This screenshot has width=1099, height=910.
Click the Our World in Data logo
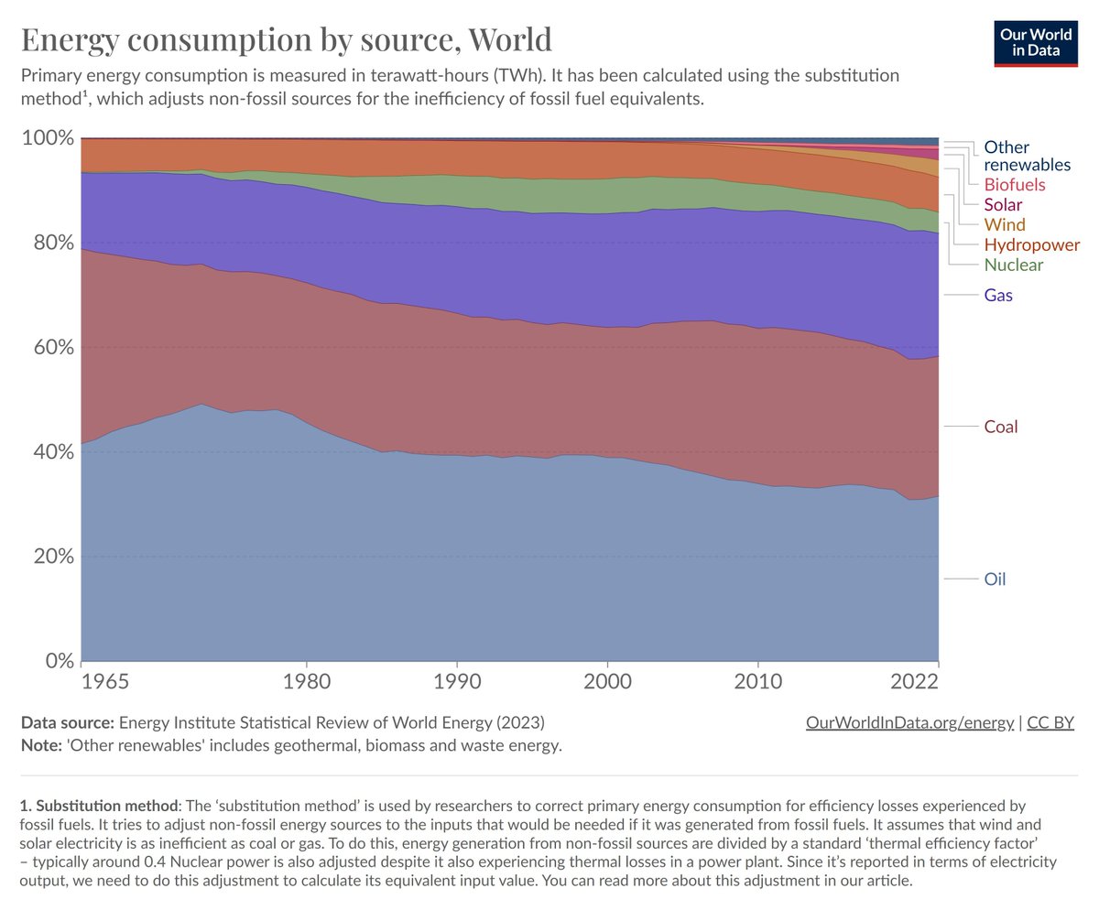[1035, 43]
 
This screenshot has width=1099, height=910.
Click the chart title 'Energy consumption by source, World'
[287, 40]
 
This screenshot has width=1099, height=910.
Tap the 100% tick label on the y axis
[48, 138]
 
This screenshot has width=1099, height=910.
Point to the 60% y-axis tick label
[53, 347]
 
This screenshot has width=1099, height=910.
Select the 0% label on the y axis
[60, 660]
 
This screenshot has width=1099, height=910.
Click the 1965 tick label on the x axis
[104, 681]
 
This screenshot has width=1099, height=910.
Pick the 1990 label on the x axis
[457, 681]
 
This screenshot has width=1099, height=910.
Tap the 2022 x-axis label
[914, 681]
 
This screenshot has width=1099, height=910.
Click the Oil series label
[995, 579]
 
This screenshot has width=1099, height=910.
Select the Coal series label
[1001, 427]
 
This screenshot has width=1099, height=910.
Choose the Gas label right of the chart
[998, 295]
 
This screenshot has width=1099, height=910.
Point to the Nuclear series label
[1013, 265]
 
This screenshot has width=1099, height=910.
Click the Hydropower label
[1031, 244]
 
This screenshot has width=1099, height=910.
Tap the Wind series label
[1005, 224]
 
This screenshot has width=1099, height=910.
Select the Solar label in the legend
[1003, 204]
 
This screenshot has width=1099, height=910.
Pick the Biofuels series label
[1014, 184]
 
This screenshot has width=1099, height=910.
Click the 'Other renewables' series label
[1027, 156]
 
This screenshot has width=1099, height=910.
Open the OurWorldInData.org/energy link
[909, 722]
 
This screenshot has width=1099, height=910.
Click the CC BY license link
[1050, 722]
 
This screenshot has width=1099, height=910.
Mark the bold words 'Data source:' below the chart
[68, 722]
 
